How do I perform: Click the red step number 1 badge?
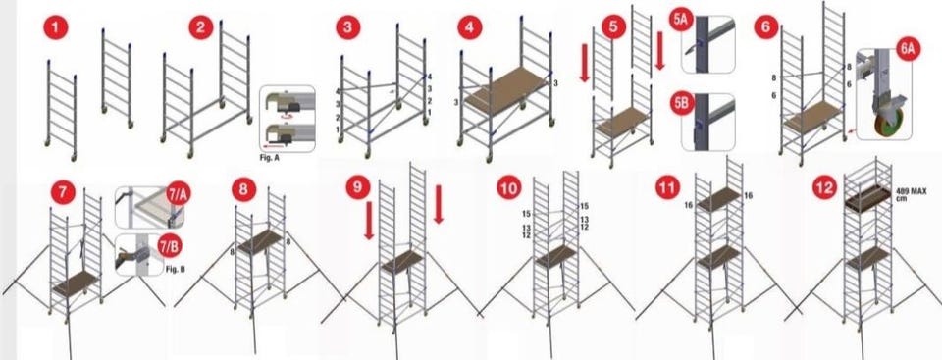(55, 28)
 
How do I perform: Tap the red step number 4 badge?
(470, 27)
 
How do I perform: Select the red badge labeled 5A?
(682, 20)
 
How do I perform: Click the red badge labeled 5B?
(682, 102)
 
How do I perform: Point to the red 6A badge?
(908, 50)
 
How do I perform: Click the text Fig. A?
(269, 158)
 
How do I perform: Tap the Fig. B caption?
(175, 269)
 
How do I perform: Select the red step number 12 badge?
(824, 188)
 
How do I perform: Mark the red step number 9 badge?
(358, 187)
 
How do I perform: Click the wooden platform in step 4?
(506, 89)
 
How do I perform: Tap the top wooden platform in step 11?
(718, 199)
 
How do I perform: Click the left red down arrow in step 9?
(369, 221)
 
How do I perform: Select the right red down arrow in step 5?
(659, 50)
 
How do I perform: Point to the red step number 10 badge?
(509, 188)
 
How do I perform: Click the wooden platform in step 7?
(76, 283)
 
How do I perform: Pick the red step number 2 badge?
(200, 27)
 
